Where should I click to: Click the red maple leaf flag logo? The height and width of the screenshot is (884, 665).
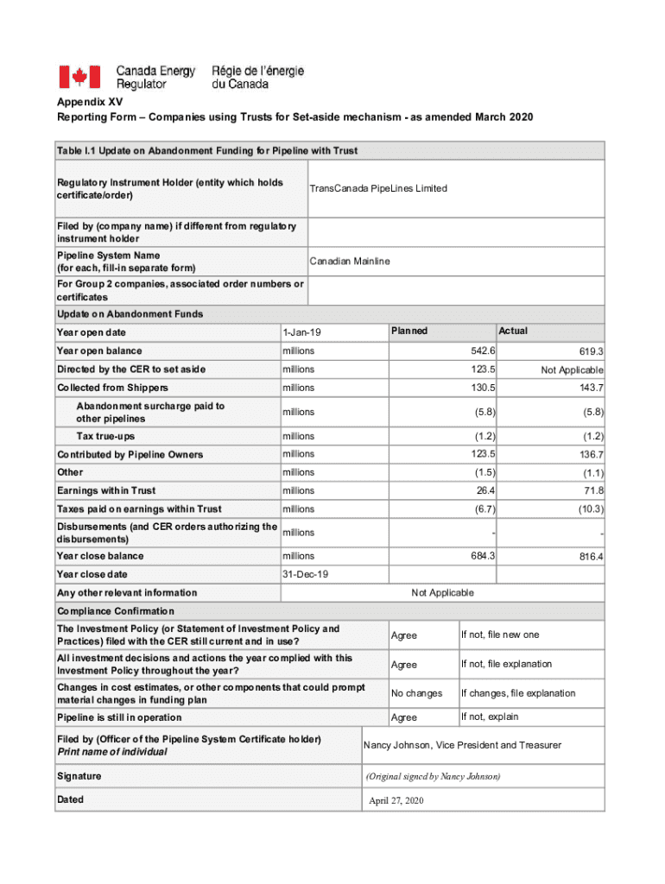pos(79,77)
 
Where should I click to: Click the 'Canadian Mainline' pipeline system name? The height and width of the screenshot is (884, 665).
pos(350,261)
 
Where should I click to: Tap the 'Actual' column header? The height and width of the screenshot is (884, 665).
pos(513,331)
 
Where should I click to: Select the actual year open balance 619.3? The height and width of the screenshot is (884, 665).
pos(591,351)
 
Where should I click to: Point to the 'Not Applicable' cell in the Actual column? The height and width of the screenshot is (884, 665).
pos(572,369)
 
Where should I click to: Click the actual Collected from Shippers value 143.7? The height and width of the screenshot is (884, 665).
pos(591,388)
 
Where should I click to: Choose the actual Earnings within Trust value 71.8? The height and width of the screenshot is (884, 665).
pos(592,490)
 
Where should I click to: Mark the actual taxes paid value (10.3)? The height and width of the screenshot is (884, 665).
pos(589,509)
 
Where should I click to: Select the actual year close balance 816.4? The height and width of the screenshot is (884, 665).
pos(591,557)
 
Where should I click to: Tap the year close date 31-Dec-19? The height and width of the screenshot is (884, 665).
pos(305,574)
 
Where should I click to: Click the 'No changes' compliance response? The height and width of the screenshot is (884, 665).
pos(416,693)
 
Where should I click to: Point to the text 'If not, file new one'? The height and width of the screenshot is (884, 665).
pos(500,635)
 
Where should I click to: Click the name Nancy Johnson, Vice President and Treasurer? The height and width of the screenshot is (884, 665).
pos(462,745)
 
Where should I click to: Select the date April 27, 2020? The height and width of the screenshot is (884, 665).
pos(396,800)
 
